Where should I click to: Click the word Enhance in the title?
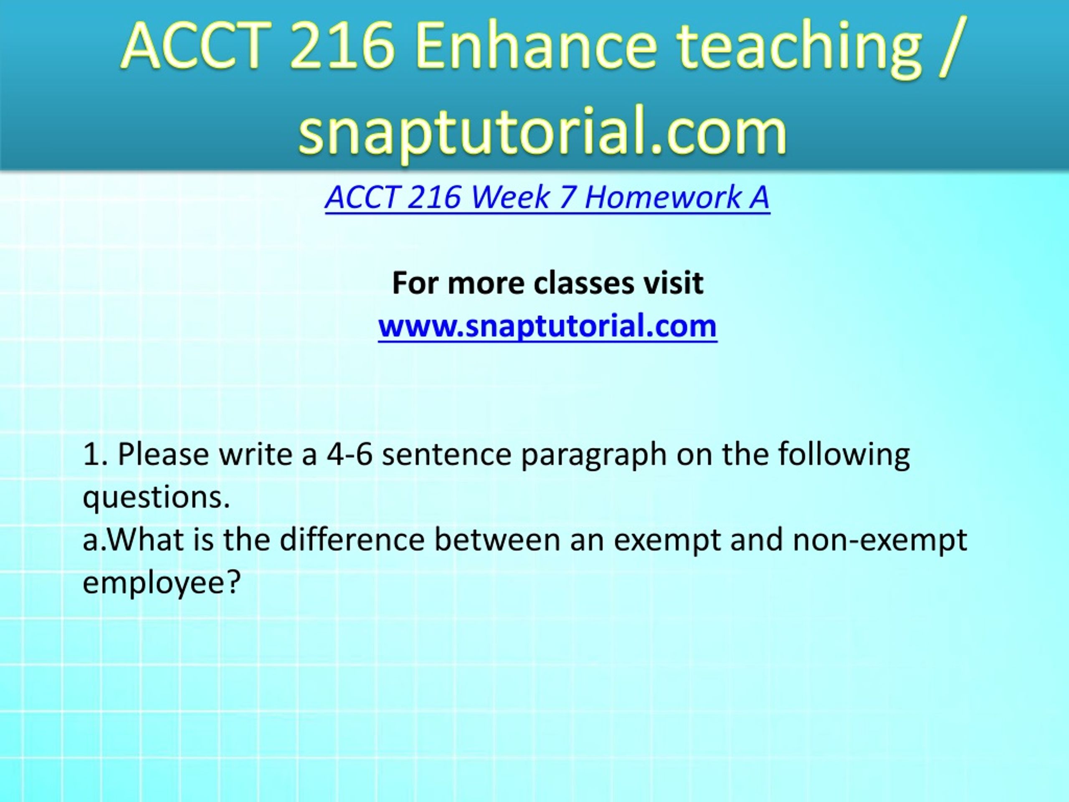click(x=535, y=46)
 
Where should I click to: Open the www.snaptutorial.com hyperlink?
click(x=547, y=325)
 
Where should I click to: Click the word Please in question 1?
click(x=163, y=454)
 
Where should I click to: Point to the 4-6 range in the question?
click(x=350, y=455)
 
